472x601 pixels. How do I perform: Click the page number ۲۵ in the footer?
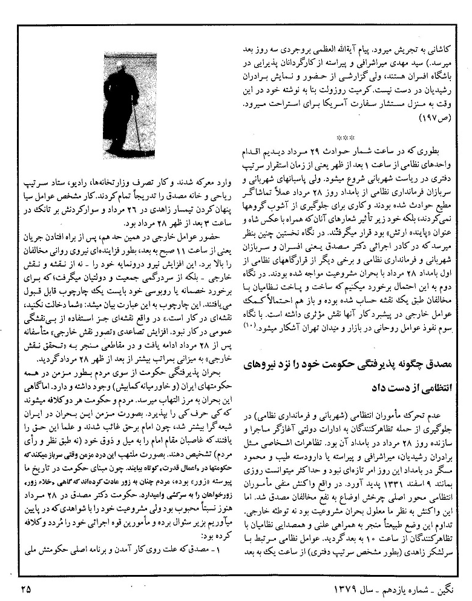pyautogui.click(x=24, y=586)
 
